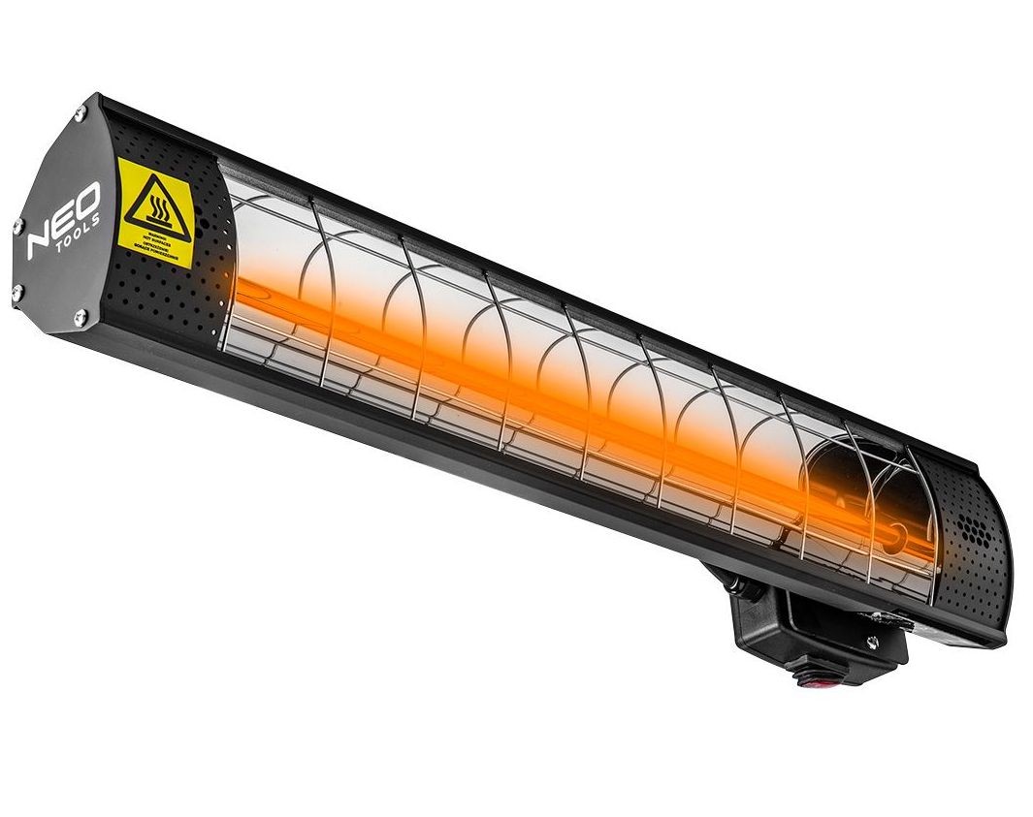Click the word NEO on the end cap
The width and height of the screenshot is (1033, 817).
62,223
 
